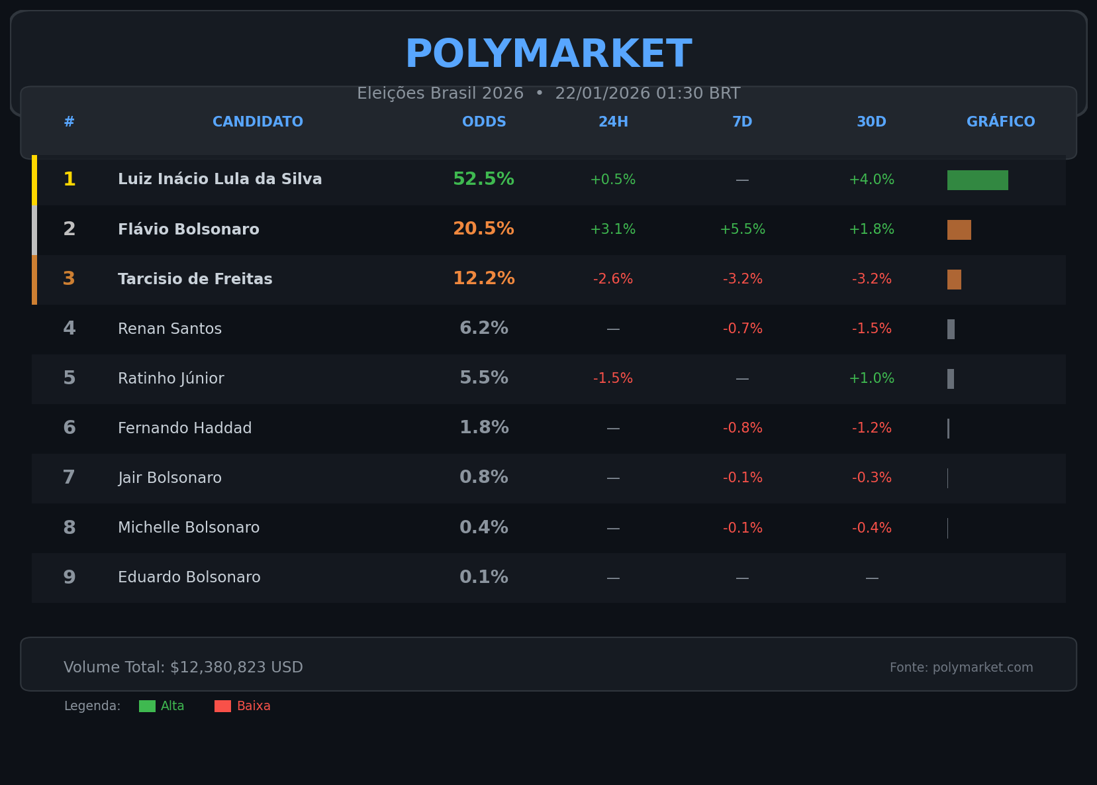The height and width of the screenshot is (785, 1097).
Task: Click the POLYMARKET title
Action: (548, 54)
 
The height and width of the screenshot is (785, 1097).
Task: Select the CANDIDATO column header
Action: (258, 122)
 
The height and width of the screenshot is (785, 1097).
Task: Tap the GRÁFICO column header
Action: (1000, 122)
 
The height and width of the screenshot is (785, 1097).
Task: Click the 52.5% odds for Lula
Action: (483, 180)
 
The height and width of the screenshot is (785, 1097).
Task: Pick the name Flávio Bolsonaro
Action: (189, 230)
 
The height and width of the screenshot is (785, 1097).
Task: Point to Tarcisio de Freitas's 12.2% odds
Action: (483, 279)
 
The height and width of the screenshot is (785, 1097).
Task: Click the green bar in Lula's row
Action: (977, 180)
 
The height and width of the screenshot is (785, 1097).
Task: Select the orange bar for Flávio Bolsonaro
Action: (959, 230)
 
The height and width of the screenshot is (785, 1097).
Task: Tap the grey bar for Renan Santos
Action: (951, 329)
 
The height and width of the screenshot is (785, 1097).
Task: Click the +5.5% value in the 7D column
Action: (742, 230)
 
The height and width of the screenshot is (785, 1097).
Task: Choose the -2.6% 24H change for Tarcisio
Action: (613, 280)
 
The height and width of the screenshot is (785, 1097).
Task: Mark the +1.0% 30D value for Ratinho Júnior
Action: (871, 379)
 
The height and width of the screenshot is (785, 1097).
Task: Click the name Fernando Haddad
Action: (185, 429)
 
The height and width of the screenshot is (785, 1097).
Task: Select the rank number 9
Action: (70, 578)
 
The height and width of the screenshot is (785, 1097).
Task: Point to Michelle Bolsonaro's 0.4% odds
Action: (483, 528)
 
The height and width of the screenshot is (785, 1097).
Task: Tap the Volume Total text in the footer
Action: (183, 668)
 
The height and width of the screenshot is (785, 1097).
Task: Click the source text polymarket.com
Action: (961, 668)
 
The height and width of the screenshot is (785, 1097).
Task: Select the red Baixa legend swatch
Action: (222, 706)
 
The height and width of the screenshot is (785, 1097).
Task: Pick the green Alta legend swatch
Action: (147, 706)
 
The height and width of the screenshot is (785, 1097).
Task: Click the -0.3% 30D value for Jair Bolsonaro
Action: (871, 478)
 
